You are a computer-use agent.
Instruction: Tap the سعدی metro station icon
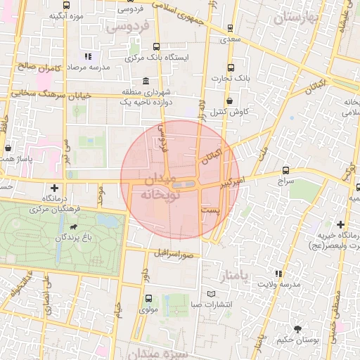[x=231, y=29]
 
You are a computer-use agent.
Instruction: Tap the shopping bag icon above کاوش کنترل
[x=230, y=101]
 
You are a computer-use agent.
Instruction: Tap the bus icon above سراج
[x=285, y=170]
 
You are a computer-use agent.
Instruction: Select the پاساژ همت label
[x=18, y=160]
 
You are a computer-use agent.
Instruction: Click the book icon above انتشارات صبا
[x=212, y=293]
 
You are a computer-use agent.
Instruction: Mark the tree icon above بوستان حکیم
[x=297, y=328]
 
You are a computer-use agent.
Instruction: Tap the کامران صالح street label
[x=41, y=67]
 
